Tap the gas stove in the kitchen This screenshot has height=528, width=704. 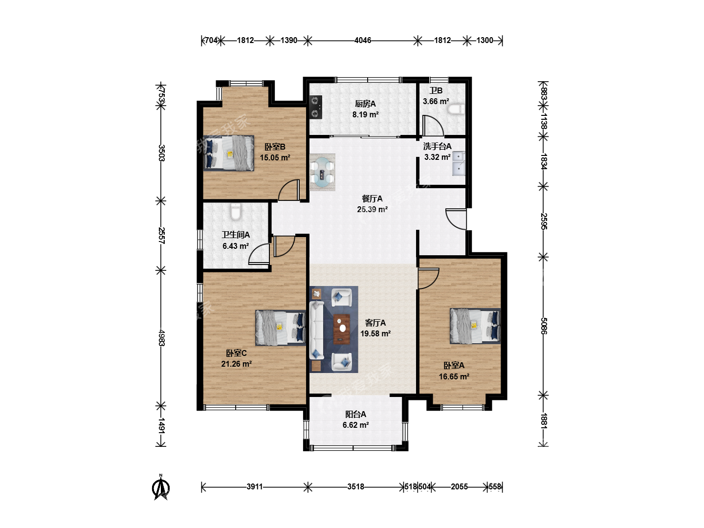click(316, 107)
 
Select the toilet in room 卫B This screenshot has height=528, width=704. click(456, 109)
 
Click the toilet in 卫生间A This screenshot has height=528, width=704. click(236, 212)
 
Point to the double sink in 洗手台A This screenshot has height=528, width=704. click(459, 163)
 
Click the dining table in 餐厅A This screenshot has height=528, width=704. click(322, 172)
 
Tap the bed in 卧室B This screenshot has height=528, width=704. click(229, 153)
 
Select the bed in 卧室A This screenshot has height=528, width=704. click(475, 326)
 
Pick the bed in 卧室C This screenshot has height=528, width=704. click(280, 328)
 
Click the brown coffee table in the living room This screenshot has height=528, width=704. click(342, 329)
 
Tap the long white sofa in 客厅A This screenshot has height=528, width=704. click(317, 330)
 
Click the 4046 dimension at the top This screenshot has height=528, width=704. click(363, 41)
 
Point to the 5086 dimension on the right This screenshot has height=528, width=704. click(543, 326)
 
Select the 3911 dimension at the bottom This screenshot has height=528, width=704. click(255, 486)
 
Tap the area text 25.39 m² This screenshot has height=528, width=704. click(373, 209)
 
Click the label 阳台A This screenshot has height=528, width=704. click(356, 414)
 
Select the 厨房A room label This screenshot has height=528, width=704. click(365, 104)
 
